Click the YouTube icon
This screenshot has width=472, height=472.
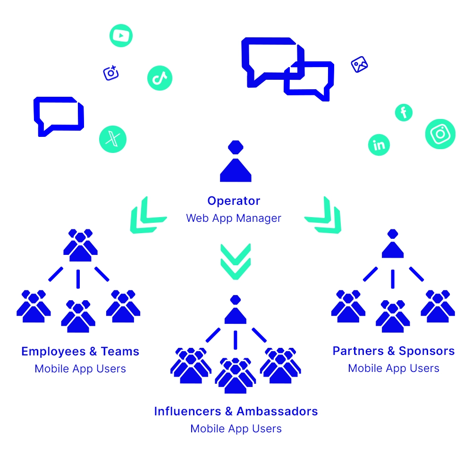click(x=121, y=35)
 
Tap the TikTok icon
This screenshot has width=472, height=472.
click(x=160, y=78)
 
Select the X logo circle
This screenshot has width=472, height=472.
click(x=113, y=139)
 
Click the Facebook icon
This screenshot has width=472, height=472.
click(x=404, y=112)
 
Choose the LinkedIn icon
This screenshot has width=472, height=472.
click(x=379, y=144)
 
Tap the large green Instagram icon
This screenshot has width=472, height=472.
click(x=440, y=134)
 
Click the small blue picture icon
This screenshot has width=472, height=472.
click(x=360, y=65)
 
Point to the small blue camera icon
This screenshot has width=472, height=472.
click(x=111, y=73)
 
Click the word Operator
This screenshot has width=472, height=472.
click(x=234, y=201)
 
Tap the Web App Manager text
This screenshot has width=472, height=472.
click(x=234, y=218)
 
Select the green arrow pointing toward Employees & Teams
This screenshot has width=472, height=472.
click(x=146, y=216)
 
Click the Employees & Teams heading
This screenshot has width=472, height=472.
click(x=80, y=352)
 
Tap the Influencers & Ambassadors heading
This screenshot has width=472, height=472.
click(x=236, y=411)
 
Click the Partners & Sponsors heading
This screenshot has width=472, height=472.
click(x=393, y=351)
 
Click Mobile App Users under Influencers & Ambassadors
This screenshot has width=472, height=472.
click(x=236, y=429)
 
